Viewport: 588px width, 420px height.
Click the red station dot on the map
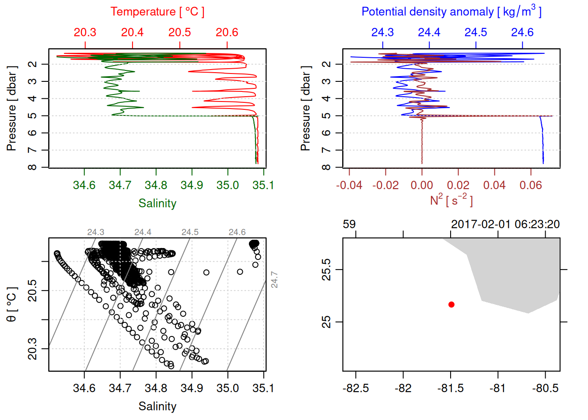pyautogui.click(x=451, y=304)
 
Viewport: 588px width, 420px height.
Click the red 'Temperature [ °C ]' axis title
pyautogui.click(x=157, y=12)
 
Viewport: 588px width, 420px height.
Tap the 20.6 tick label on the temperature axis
pyautogui.click(x=227, y=32)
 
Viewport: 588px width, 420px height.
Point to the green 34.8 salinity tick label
pyautogui.click(x=156, y=185)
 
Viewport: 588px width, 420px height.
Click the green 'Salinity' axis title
pyautogui.click(x=157, y=203)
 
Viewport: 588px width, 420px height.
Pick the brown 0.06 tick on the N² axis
pyautogui.click(x=531, y=185)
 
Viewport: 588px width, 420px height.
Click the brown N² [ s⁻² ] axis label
pyautogui.click(x=451, y=200)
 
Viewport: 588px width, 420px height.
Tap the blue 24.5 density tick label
pyautogui.click(x=476, y=32)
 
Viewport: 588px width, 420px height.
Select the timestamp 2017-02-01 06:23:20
pyautogui.click(x=505, y=224)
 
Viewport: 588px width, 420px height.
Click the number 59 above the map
pyautogui.click(x=349, y=224)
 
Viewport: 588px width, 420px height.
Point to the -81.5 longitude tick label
pyautogui.click(x=450, y=388)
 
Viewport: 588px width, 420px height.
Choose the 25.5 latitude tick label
pyautogui.click(x=326, y=269)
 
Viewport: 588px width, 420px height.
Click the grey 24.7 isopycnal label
pyautogui.click(x=274, y=280)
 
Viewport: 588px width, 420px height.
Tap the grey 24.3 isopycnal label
pyautogui.click(x=96, y=232)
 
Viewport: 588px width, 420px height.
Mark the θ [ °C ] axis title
pyautogui.click(x=11, y=304)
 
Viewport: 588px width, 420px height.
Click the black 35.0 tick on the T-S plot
pyautogui.click(x=227, y=388)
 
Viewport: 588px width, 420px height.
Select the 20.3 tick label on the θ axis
pyautogui.click(x=33, y=349)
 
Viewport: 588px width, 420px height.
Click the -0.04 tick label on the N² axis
pyautogui.click(x=349, y=185)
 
